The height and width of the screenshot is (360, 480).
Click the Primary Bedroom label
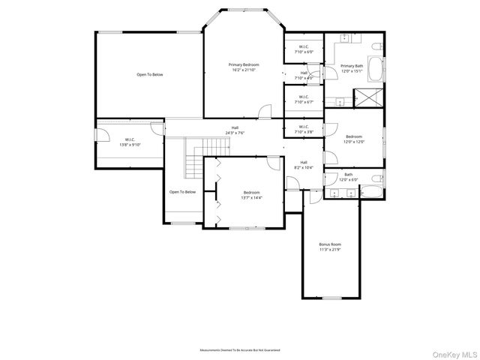click(x=244, y=65)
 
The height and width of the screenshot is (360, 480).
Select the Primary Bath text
click(x=352, y=66)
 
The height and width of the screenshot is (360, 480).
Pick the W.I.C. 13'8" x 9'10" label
click(x=130, y=142)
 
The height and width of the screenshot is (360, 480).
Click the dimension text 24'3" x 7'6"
click(x=235, y=133)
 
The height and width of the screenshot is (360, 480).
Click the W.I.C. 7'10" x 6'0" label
click(x=304, y=49)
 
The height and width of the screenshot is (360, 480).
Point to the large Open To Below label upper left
click(x=149, y=74)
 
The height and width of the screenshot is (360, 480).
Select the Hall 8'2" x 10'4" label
click(x=304, y=166)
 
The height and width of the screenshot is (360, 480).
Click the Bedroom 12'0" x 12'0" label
click(x=353, y=139)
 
